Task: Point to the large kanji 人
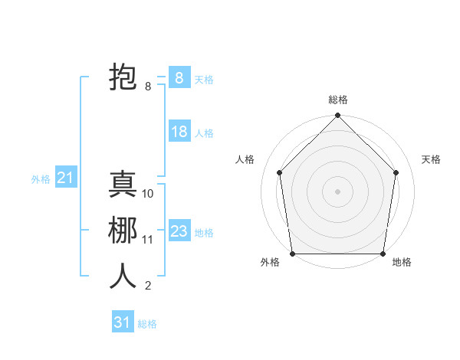pos(123,277)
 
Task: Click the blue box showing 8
pos(179,77)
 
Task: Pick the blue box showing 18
pos(179,132)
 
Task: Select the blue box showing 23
pos(179,231)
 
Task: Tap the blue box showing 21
pos(66,178)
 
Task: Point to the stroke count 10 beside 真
pos(148,194)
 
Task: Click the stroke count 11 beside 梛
pos(148,240)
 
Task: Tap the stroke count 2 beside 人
pos(148,286)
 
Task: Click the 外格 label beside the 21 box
pos(41,179)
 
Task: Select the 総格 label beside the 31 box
pos(147,324)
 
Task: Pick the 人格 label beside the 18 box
pos(204,133)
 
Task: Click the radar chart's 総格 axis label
pos(338,100)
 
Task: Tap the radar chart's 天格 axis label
pos(432,159)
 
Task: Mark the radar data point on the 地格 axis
pos(383,253)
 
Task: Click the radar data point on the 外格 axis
pos(292,253)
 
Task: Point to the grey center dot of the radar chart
pos(337,191)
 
